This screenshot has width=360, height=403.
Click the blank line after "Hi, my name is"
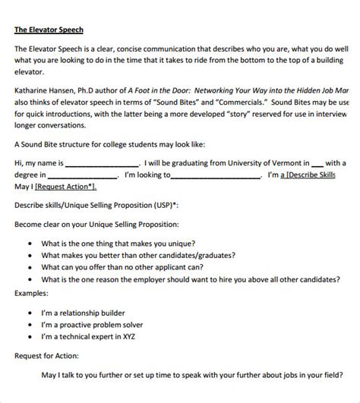[103, 162]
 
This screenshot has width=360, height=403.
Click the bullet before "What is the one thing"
[28, 244]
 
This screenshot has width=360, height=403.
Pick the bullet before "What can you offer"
[28, 268]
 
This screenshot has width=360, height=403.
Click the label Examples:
[33, 292]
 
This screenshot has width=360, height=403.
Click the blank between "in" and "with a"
[317, 162]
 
